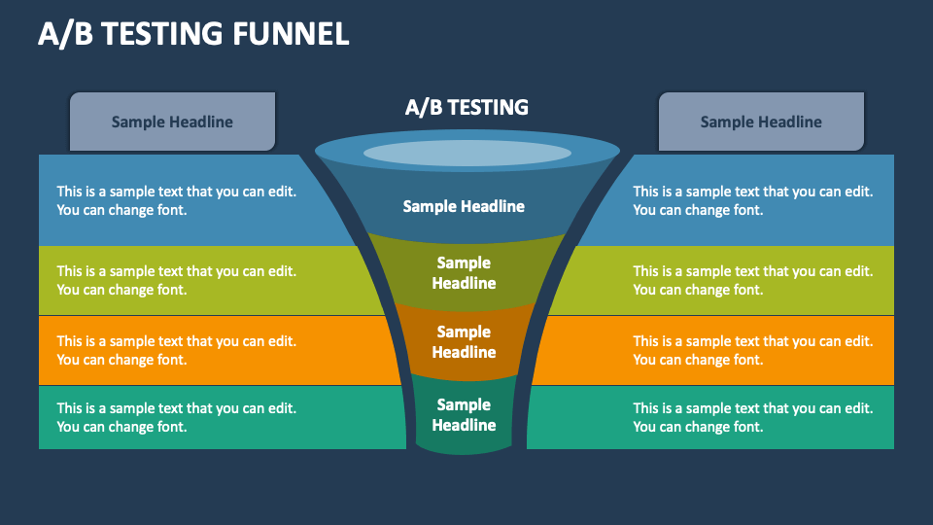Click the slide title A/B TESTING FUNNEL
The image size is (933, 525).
[x=193, y=34]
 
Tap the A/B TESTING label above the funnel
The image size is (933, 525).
[x=466, y=107]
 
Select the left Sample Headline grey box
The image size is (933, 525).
[x=172, y=122]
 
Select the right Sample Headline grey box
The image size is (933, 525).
[x=761, y=122]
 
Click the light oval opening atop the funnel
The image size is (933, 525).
[x=466, y=153]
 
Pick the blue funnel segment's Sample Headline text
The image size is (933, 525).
[x=464, y=206]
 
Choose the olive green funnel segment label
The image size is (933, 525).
[x=464, y=273]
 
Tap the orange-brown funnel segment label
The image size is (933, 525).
[x=464, y=342]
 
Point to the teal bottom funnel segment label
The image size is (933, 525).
[x=464, y=415]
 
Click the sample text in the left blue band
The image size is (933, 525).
[x=176, y=200]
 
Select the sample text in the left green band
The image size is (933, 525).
[x=176, y=280]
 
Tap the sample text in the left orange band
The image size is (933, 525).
[x=176, y=350]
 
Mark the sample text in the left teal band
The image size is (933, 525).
[x=176, y=417]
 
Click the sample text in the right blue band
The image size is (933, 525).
[x=753, y=200]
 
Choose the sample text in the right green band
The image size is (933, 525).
[x=753, y=280]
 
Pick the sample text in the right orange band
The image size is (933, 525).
[x=753, y=350]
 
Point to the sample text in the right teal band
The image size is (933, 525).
[x=753, y=417]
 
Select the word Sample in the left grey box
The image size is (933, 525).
[x=138, y=122]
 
